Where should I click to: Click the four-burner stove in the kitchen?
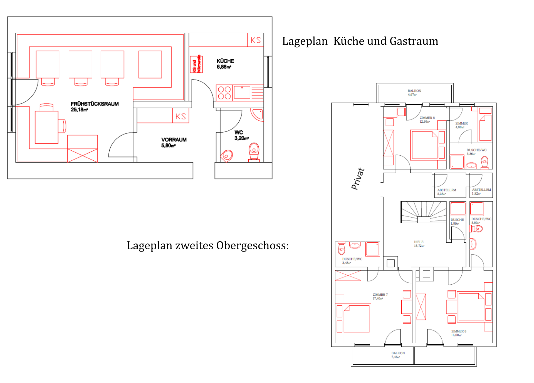(x=224, y=93)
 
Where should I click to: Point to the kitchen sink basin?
(x=242, y=92)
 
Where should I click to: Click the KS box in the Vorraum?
(x=181, y=116)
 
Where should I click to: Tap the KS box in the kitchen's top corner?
(x=256, y=40)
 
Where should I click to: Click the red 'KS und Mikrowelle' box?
(x=196, y=64)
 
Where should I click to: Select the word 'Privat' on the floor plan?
(x=358, y=179)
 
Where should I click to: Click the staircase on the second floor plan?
(x=423, y=212)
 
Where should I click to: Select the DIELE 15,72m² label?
(x=419, y=244)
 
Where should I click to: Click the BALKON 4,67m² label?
(x=414, y=93)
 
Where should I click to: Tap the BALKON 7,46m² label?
(x=398, y=355)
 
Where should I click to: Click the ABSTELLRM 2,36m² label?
(x=446, y=192)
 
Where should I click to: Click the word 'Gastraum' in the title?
(x=414, y=41)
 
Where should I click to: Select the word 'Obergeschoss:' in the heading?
(x=253, y=245)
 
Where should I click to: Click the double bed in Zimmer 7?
(x=357, y=319)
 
